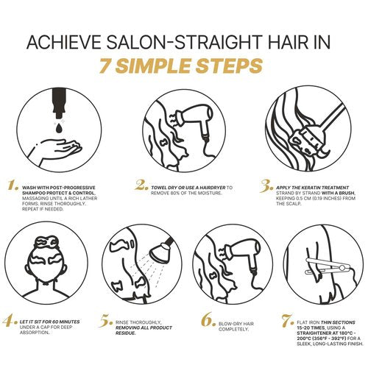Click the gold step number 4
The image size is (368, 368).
(10, 322)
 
